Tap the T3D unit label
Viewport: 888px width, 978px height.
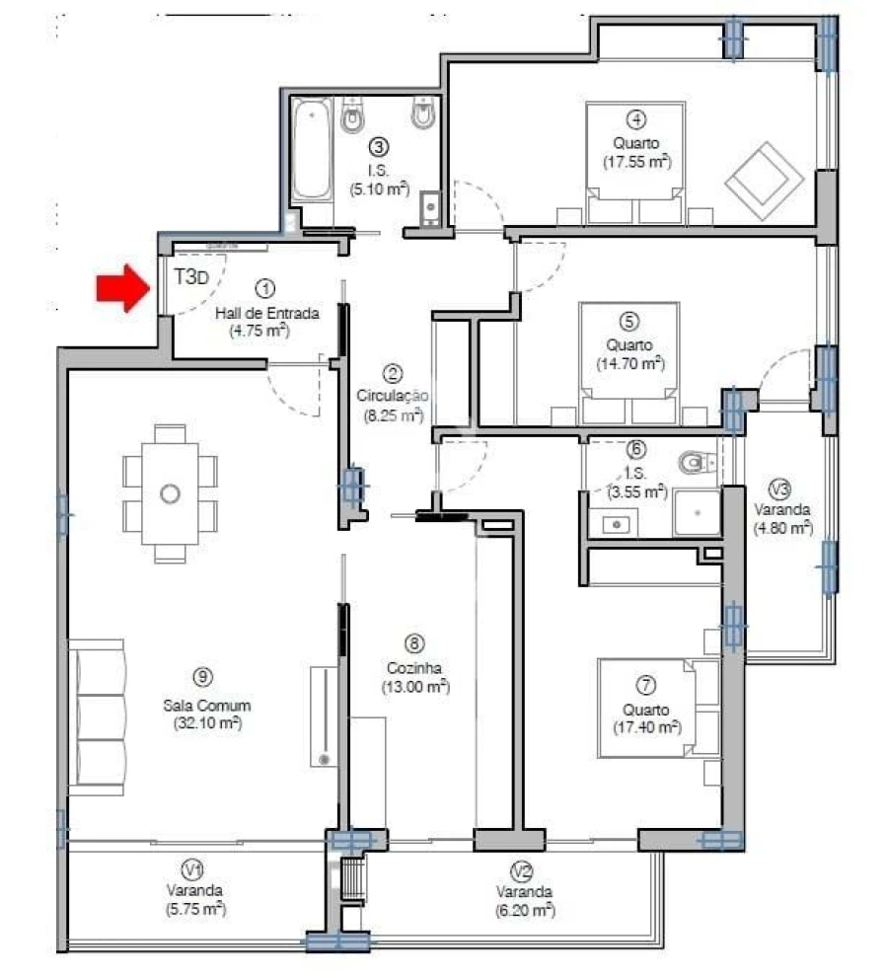tap(191, 277)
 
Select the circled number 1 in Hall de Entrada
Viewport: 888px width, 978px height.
tap(264, 288)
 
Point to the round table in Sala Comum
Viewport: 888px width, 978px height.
tap(171, 492)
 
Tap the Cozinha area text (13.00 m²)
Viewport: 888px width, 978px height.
tap(415, 687)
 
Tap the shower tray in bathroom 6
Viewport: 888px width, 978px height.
tap(698, 513)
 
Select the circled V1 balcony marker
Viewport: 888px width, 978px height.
tap(193, 869)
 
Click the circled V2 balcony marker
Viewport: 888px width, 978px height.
tap(523, 870)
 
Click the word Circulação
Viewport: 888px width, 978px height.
tap(392, 395)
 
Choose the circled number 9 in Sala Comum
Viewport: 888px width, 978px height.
tap(203, 677)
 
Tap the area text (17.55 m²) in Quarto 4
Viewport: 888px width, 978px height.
tap(636, 162)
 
